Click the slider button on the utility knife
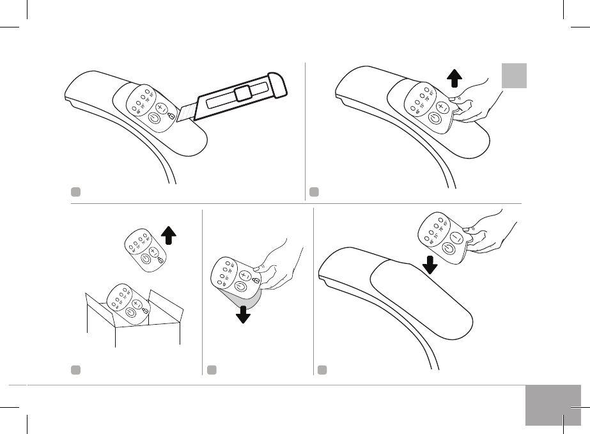point(242,94)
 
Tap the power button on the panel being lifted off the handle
point(435,119)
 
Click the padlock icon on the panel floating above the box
point(160,260)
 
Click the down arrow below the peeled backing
point(243,314)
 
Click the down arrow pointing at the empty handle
point(430,265)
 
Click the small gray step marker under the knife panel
point(75,191)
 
